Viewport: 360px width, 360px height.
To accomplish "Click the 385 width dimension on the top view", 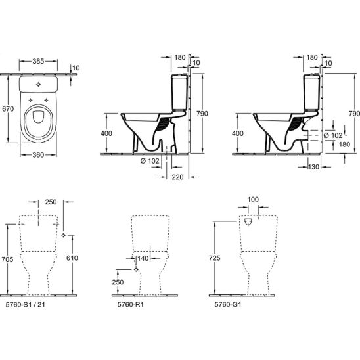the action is point(38,61).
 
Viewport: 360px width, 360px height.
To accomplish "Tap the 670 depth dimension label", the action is point(8,108).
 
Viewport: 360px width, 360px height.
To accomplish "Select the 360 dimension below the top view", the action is point(38,155).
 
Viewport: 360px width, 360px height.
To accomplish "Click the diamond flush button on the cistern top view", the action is point(38,85).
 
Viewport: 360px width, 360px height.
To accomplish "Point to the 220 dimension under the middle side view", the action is point(178,177).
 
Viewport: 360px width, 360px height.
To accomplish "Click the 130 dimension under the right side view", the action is point(313,167).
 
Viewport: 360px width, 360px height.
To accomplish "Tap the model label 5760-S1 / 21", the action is point(25,304).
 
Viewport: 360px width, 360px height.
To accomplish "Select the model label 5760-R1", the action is point(131,304).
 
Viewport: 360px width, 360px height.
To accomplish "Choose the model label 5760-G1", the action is point(228,304).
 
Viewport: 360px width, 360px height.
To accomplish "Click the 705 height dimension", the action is point(7,259).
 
